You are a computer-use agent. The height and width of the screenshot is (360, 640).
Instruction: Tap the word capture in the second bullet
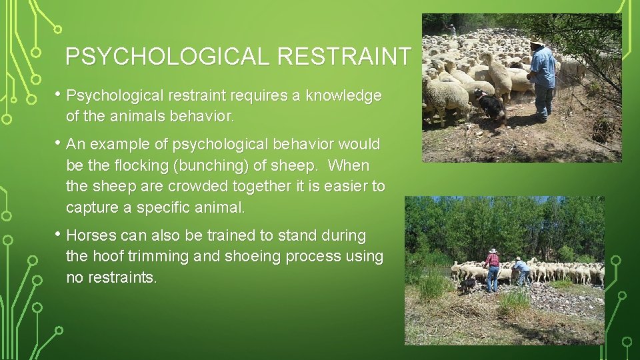point(92,207)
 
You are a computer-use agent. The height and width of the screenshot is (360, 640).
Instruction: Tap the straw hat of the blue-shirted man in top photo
point(536,43)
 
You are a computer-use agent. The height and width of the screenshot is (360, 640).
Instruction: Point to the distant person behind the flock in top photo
point(452,29)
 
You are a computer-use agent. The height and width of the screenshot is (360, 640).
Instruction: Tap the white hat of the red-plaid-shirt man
point(493,251)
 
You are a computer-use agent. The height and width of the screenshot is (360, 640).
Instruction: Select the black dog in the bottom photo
point(469,285)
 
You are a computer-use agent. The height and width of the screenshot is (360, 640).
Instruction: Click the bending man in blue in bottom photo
point(521,270)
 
